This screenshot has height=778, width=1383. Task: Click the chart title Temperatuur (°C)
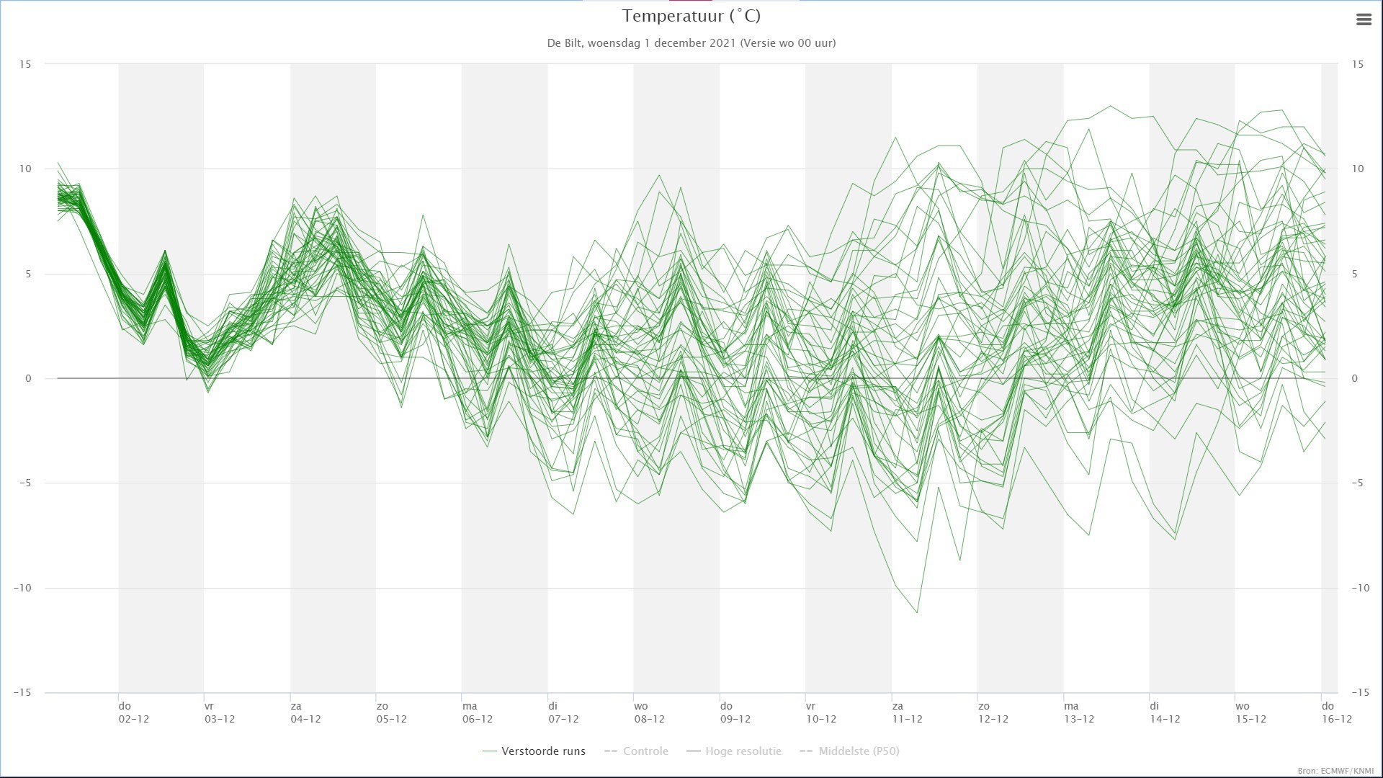point(691,16)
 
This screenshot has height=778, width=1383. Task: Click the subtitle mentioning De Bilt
point(691,43)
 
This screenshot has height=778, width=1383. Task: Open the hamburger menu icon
point(1364,20)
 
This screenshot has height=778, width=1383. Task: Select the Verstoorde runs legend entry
point(534,751)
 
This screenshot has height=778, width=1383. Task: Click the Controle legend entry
point(636,751)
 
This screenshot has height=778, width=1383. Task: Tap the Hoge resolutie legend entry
point(734,751)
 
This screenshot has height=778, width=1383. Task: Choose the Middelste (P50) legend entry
point(849,751)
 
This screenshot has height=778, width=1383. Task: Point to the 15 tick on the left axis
point(25,64)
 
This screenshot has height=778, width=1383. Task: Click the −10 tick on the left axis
point(22,588)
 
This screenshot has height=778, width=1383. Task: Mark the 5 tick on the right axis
point(1355,274)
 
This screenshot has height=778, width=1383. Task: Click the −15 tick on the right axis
point(1360,692)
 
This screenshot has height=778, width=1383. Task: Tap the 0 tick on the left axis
point(28,378)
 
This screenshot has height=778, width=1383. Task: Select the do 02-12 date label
point(133,712)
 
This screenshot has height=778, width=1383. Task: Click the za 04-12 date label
point(305,712)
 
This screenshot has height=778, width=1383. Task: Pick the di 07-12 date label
point(563,712)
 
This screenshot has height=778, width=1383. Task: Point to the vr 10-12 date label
point(821,712)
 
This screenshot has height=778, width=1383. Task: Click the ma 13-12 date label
point(1079,712)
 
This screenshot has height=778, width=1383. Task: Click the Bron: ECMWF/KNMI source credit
point(1335,771)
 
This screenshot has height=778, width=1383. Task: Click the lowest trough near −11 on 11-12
point(917,612)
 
